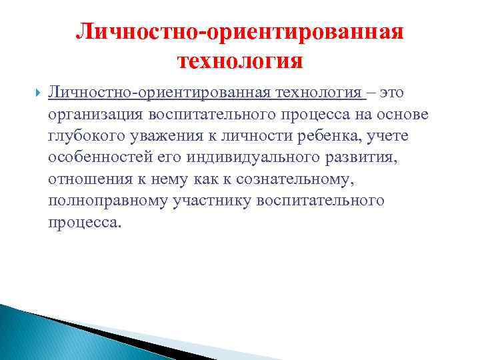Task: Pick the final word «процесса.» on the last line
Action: (85, 223)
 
